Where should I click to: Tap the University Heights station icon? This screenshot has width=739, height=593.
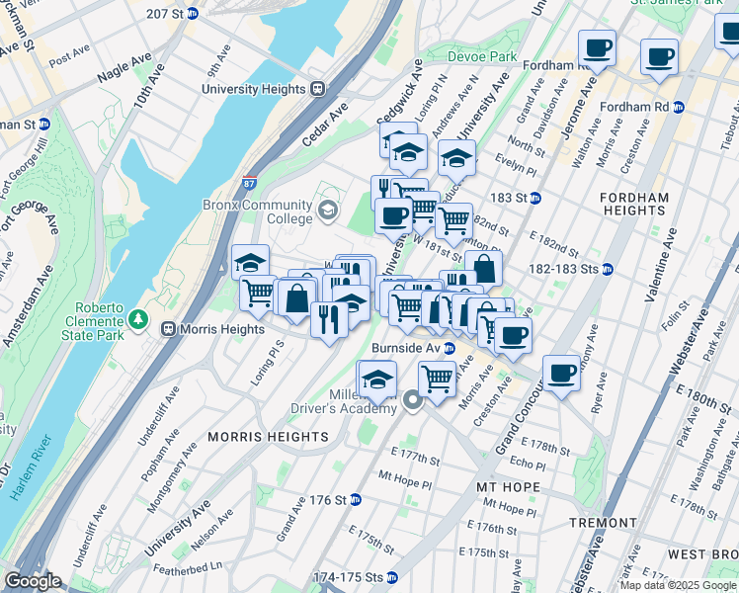[x=318, y=89]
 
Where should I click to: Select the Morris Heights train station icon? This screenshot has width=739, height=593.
[x=169, y=328]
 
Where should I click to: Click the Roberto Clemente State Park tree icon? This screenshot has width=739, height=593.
[x=139, y=320]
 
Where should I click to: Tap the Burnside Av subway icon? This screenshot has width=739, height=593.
[x=449, y=349]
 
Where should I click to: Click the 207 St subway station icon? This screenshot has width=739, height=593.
[x=192, y=14]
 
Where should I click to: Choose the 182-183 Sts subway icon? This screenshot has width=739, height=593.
[x=609, y=269]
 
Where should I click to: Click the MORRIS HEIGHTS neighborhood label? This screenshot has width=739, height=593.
[x=268, y=436]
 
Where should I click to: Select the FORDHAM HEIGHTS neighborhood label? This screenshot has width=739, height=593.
[x=633, y=204]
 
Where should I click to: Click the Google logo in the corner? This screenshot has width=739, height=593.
[x=33, y=580]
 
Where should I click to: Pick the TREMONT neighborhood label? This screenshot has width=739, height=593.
[x=603, y=522]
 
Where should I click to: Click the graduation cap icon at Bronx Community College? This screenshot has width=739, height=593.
[x=328, y=210]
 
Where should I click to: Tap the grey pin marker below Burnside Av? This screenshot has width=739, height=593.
[x=413, y=401]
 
